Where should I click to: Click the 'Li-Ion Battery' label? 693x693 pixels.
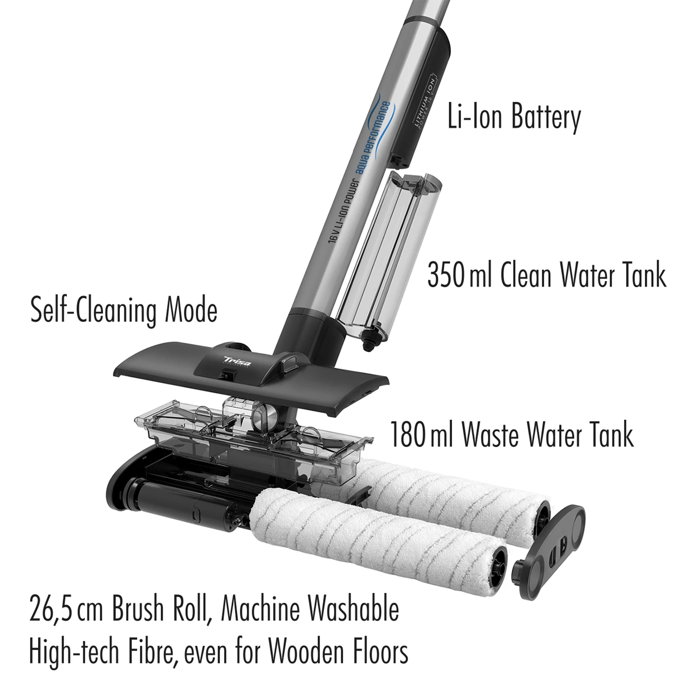(x=514, y=117)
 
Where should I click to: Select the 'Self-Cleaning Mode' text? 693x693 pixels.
(x=124, y=310)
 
